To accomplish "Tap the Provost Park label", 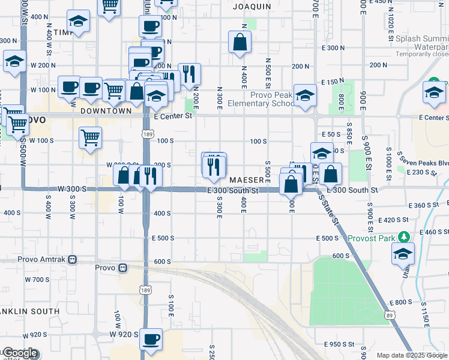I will [372, 238].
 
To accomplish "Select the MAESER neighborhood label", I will [246, 180].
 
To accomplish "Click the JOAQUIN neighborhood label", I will [249, 5].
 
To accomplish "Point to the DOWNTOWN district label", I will [106, 111].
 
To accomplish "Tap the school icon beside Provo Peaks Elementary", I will [305, 95].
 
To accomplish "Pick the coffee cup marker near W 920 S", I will [151, 339].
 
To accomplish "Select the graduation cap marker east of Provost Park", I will [403, 253].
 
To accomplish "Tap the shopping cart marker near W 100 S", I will [90, 137].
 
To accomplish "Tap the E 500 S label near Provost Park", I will [328, 238].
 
